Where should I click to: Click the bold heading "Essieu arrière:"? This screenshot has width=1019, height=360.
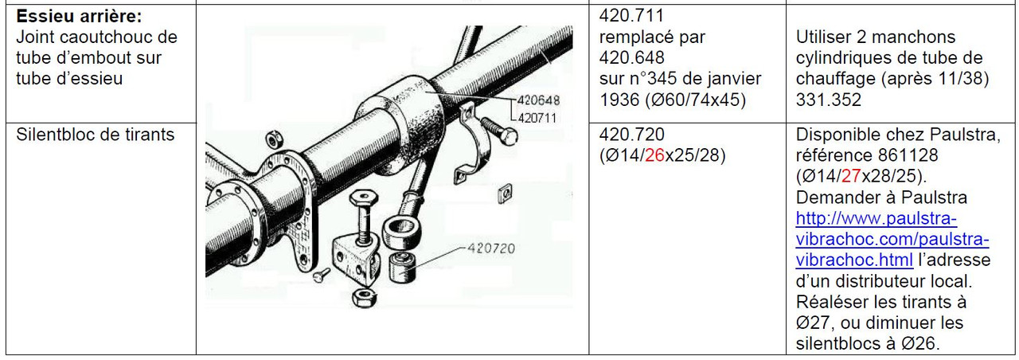click(79, 17)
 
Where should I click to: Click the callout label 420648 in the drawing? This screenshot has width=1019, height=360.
click(538, 100)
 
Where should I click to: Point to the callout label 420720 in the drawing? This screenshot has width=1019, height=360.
click(491, 248)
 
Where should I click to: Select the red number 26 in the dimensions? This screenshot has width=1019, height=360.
click(655, 155)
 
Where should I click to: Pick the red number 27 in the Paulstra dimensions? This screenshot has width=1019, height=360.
click(851, 176)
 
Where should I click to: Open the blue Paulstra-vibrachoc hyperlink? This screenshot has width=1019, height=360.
click(892, 240)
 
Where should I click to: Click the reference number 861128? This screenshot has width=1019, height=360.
click(908, 155)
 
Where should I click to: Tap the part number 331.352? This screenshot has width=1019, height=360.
click(829, 100)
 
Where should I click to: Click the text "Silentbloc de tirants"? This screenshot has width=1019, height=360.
click(95, 135)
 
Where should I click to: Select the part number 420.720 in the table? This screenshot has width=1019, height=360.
click(632, 135)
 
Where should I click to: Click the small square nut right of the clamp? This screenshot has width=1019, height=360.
click(505, 193)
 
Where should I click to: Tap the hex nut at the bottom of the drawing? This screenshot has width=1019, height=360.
click(364, 298)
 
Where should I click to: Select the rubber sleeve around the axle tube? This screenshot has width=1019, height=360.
click(400, 123)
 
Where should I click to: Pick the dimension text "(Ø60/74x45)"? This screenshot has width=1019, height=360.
click(696, 100)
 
